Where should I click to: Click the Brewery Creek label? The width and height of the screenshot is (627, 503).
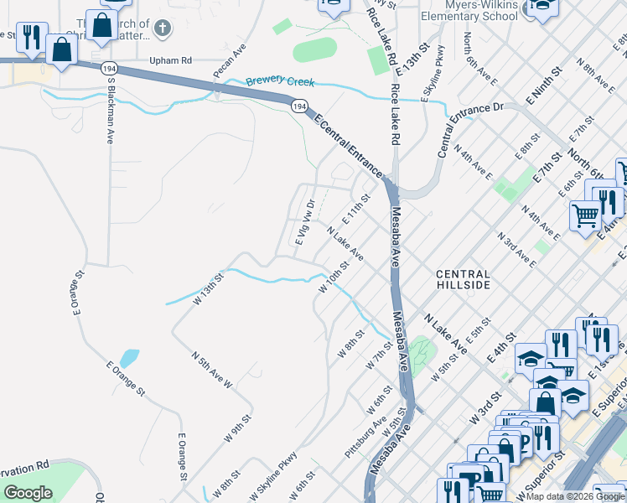click(x=280, y=82)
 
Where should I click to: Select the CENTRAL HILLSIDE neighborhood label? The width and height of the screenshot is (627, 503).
click(x=463, y=280)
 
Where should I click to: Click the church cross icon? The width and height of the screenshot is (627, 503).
click(x=163, y=29)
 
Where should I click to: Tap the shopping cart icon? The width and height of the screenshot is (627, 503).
click(x=585, y=215)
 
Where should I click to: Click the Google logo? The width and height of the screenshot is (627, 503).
click(x=28, y=493)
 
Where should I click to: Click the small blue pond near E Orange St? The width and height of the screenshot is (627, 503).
click(x=128, y=359)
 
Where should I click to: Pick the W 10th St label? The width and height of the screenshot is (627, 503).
click(x=333, y=276)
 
